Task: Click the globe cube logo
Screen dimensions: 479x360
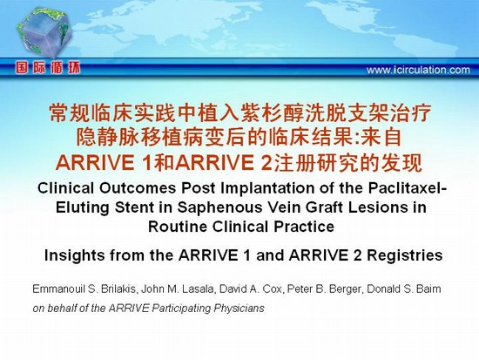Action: click(x=44, y=32)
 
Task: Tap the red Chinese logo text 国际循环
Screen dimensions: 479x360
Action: click(x=48, y=68)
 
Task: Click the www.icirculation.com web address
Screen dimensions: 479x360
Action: click(x=418, y=71)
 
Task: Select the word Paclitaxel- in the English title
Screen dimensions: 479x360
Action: click(x=408, y=188)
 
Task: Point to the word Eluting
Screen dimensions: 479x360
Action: click(x=82, y=207)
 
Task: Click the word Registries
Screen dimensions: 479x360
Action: click(x=405, y=255)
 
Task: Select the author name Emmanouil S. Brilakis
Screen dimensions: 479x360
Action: click(x=84, y=289)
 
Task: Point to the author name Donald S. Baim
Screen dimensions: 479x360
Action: click(x=404, y=289)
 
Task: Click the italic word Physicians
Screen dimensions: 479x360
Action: click(x=239, y=309)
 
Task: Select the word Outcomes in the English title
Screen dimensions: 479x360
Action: click(x=138, y=188)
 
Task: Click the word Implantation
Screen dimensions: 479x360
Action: click(x=267, y=188)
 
